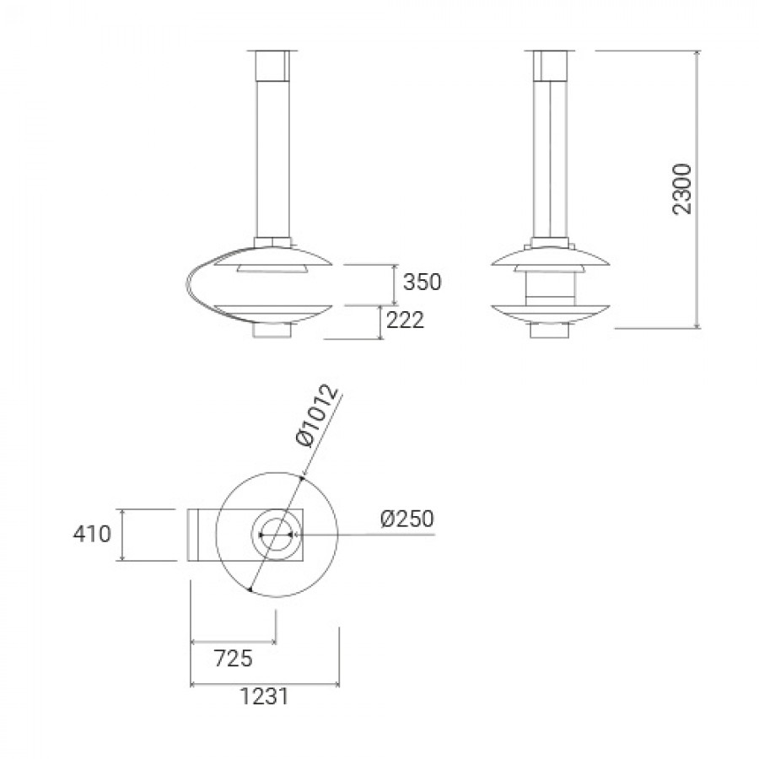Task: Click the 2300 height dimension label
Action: [683, 189]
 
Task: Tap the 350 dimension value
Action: [423, 282]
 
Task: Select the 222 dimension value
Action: [405, 320]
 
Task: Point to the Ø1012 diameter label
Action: [317, 417]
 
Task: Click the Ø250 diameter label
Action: [407, 519]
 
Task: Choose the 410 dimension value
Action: [92, 535]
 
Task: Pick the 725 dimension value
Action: [234, 659]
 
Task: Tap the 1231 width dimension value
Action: [264, 697]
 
